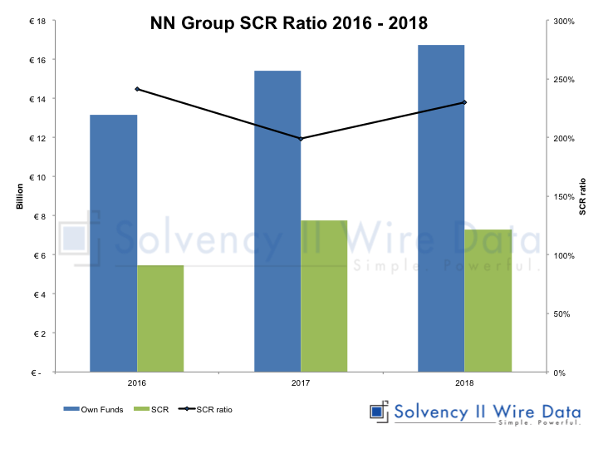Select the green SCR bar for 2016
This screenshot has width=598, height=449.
160,318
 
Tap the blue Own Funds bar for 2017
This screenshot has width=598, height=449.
277,221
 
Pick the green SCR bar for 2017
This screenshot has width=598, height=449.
324,296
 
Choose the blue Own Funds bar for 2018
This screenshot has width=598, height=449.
441,208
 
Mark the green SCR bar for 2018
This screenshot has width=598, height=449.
488,300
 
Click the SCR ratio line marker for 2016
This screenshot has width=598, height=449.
137,89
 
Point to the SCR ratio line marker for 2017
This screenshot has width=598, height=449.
301,139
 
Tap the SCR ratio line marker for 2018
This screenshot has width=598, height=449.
464,102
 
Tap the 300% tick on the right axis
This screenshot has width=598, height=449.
566,21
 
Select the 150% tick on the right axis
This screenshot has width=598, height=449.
566,197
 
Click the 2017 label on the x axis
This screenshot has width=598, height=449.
301,383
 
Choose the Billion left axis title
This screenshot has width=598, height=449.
19,196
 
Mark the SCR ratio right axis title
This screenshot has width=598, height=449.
582,196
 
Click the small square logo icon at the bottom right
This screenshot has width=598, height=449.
380,412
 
